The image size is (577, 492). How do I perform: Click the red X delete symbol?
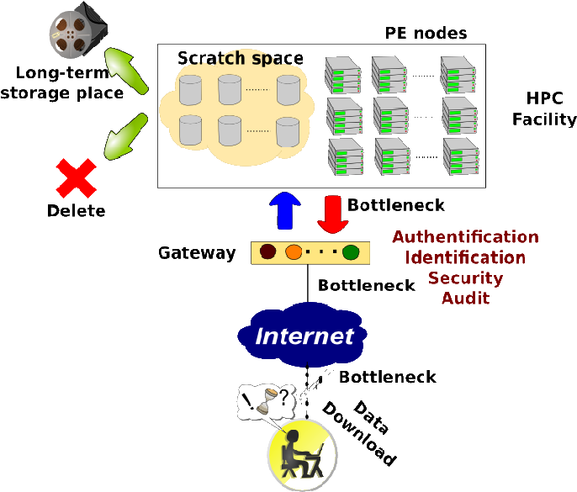point(75,178)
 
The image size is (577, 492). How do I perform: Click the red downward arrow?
point(334,214)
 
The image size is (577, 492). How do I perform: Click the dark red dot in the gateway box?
point(268,251)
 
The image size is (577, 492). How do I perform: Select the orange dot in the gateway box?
point(294,251)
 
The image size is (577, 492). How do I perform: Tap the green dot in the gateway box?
point(351,251)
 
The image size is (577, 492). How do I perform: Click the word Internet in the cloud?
point(304,336)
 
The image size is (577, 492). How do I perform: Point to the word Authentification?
point(465,237)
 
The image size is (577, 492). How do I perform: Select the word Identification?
point(465,257)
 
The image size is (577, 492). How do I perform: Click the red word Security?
point(465,278)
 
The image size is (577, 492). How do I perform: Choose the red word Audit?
point(465,298)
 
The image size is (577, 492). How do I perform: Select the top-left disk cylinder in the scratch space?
point(191,89)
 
